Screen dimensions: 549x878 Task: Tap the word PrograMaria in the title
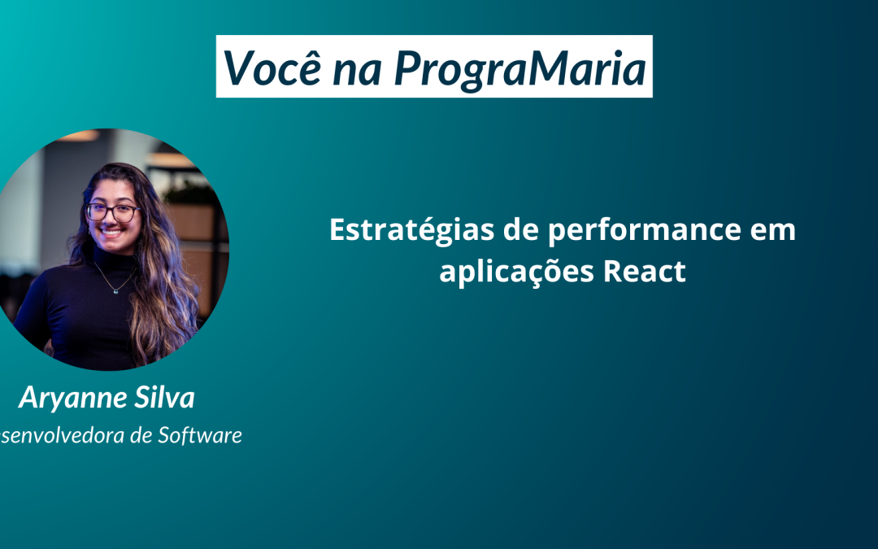click(519, 68)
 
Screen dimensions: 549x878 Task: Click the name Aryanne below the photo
click(72, 398)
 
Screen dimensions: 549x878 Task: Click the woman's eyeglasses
click(113, 212)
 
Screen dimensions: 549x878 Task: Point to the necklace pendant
click(115, 290)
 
